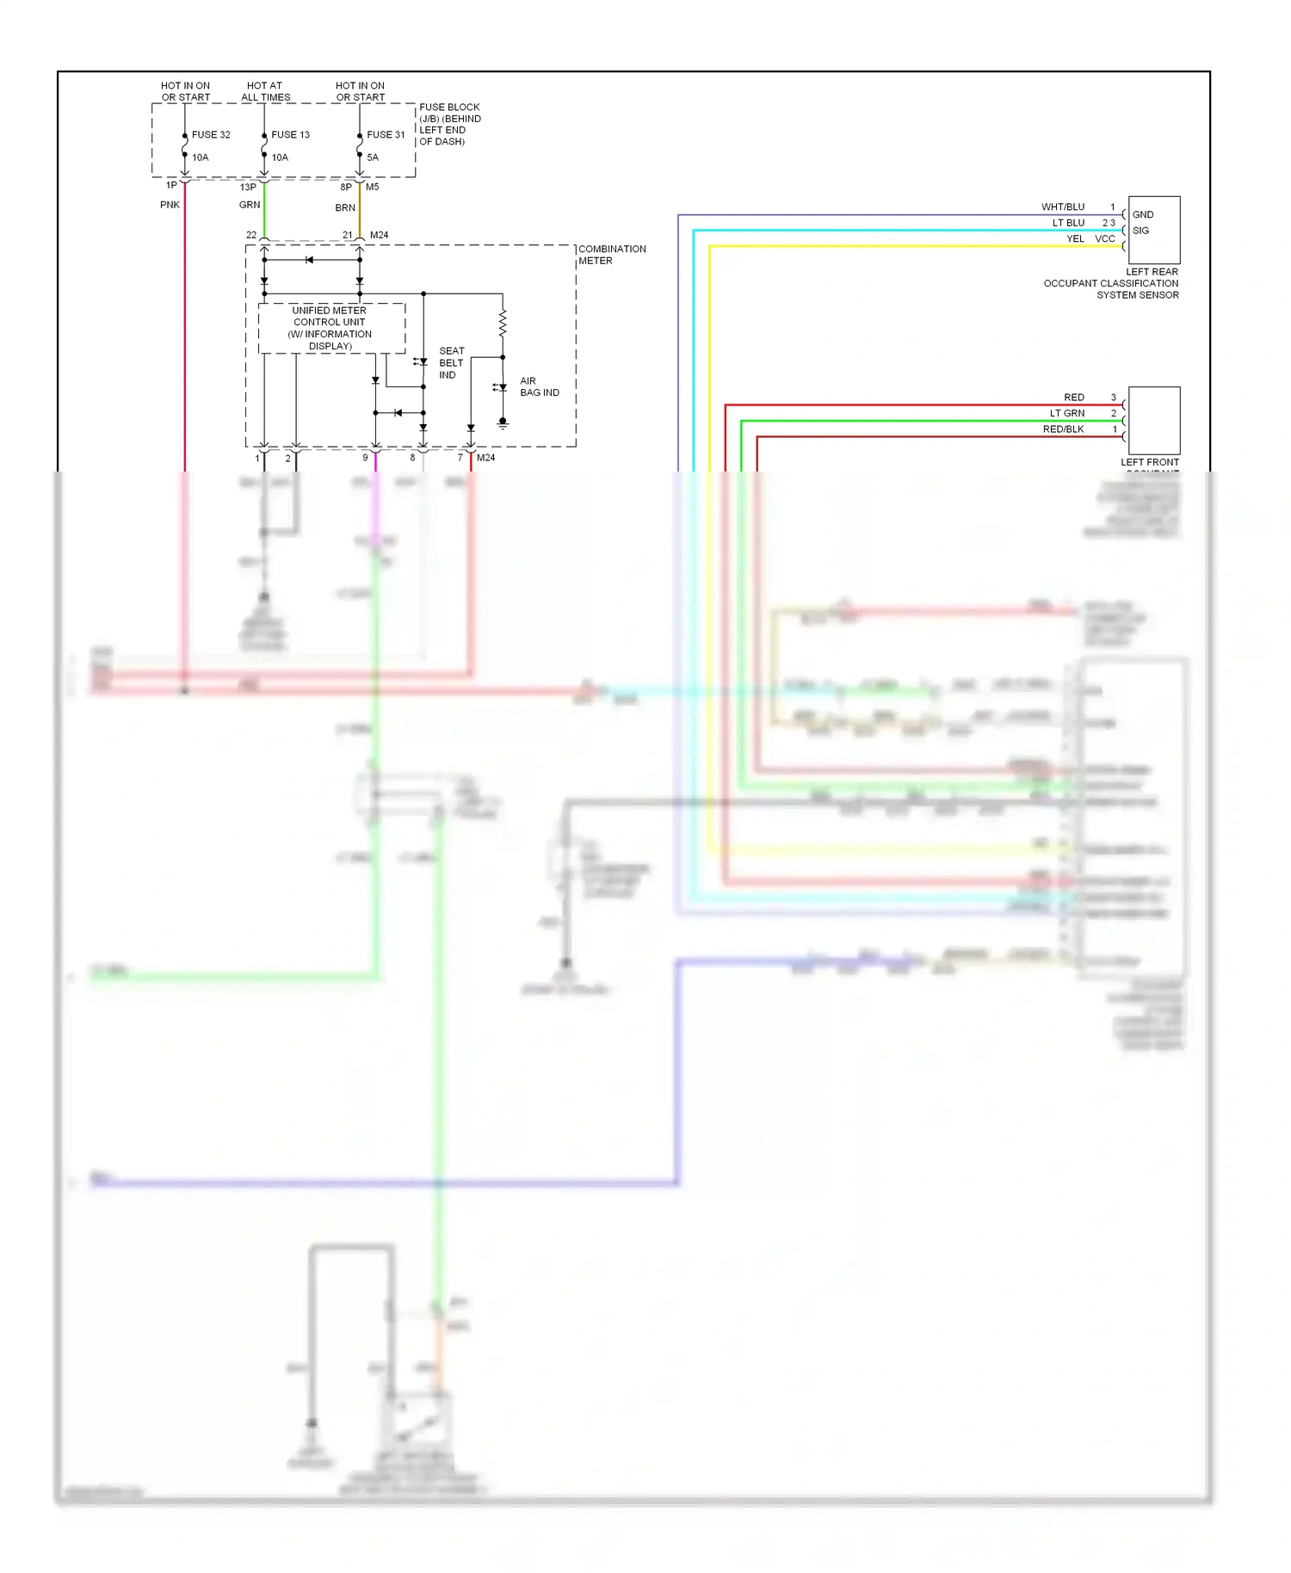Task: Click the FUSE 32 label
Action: (x=210, y=135)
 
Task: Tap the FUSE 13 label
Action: (x=290, y=135)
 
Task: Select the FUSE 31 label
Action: (x=385, y=135)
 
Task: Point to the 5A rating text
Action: (x=373, y=157)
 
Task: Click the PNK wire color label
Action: (x=170, y=205)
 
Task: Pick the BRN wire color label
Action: (x=344, y=208)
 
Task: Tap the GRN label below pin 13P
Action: (x=249, y=205)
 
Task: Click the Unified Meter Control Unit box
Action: (x=331, y=328)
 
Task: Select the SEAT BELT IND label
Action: (x=451, y=363)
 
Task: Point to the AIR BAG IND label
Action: (x=539, y=386)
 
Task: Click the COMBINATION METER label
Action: (x=611, y=255)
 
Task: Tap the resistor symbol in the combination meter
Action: (x=503, y=324)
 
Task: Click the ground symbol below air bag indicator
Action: (x=503, y=424)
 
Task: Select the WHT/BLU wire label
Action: (x=1062, y=207)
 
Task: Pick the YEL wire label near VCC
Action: (x=1075, y=239)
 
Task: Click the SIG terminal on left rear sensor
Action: (x=1140, y=231)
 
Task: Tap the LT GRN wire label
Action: (x=1066, y=414)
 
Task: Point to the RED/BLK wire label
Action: (x=1063, y=429)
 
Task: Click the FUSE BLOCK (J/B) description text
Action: (x=449, y=125)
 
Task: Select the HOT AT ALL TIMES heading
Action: (x=265, y=91)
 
